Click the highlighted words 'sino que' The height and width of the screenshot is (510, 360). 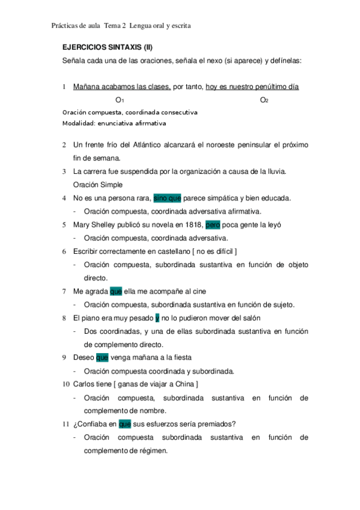coord(167,198)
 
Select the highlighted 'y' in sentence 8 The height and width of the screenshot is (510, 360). coord(157,318)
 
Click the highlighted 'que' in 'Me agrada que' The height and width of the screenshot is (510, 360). coord(116,291)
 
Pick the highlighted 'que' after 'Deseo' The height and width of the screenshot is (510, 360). coord(102,357)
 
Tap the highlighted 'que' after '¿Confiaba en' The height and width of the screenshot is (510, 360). coord(125,424)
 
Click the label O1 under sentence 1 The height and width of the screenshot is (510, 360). coord(120,100)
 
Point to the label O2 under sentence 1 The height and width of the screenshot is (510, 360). coord(264,100)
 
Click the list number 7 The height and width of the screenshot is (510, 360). coord(64,291)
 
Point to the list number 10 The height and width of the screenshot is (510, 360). coord(66,384)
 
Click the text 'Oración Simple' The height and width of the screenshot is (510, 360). coord(97,185)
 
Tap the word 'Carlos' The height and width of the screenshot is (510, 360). coord(85,384)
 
